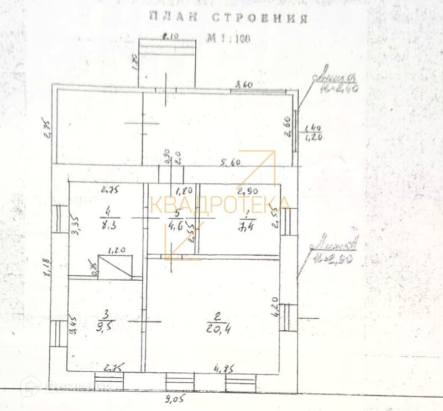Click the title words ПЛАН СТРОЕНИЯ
pos(228,18)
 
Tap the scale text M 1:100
pos(229,39)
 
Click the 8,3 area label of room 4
pos(109,225)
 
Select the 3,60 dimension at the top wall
pos(244,85)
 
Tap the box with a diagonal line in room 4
pos(115,265)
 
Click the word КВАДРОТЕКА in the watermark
pos(220,204)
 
